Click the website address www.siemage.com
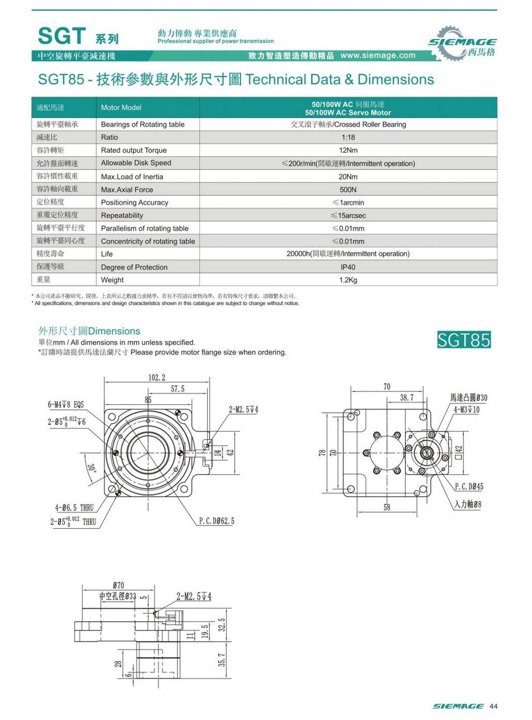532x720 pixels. point(378,56)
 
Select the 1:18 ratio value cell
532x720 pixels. point(348,138)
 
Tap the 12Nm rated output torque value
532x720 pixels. point(348,150)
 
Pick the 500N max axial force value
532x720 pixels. point(348,189)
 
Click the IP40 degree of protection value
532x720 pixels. point(348,267)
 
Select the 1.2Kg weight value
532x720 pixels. point(348,280)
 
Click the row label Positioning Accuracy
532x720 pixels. point(135,203)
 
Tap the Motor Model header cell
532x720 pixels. point(121,108)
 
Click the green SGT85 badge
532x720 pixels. point(464,340)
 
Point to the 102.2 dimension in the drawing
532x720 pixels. point(157,377)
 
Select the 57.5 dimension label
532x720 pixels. point(178,389)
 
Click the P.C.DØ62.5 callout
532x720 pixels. point(216,521)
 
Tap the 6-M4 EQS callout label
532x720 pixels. point(65,404)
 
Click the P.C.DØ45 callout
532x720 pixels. point(469,486)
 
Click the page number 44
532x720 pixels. point(493,706)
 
